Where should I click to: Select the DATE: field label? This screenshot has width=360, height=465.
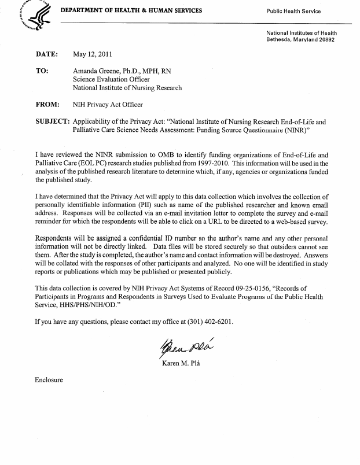click(x=47, y=55)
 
